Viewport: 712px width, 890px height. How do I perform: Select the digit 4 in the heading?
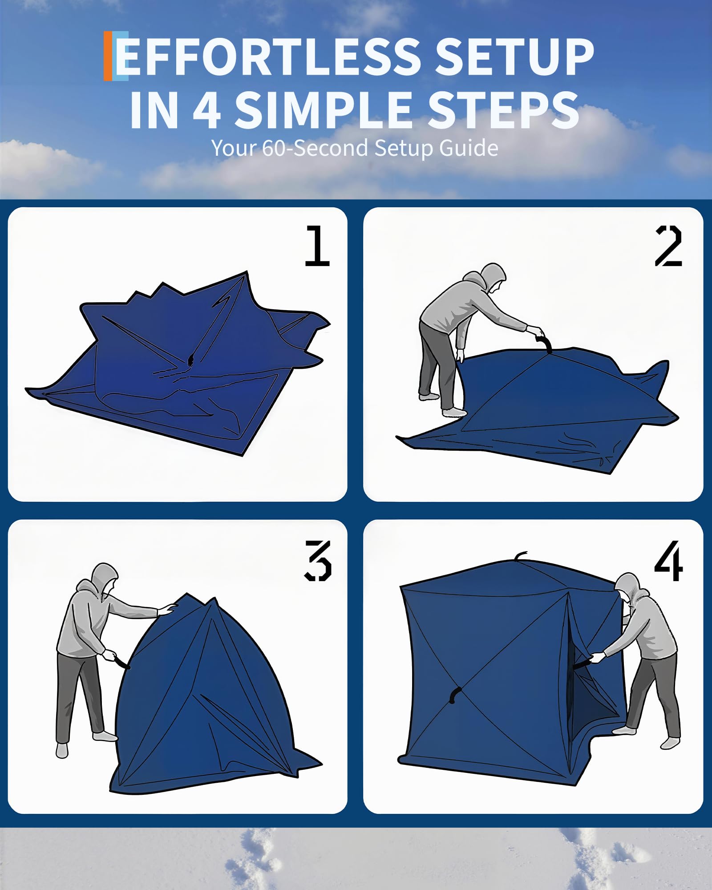[207, 109]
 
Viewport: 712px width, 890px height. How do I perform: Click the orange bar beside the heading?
[107, 56]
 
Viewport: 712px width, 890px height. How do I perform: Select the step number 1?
[317, 246]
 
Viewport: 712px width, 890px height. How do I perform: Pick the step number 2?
[668, 246]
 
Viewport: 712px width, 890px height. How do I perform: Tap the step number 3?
[318, 561]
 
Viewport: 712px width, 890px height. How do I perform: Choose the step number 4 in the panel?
[668, 561]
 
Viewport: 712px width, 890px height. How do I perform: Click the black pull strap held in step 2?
[544, 343]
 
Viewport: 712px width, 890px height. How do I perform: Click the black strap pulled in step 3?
[121, 663]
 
